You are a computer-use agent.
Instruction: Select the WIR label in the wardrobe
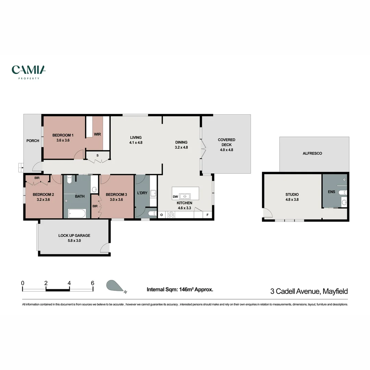pos(97,134)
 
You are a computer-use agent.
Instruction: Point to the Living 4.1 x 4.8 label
pos(136,140)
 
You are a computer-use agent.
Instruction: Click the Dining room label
pos(181,145)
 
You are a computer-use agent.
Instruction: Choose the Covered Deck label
pos(226,145)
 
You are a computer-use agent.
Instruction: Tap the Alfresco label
pos(312,153)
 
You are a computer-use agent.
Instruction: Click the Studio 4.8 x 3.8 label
pos(292,197)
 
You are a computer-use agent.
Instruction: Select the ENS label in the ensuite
pos(331,192)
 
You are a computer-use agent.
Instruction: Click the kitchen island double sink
pos(185,196)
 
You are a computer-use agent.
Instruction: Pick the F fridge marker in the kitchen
pos(207,215)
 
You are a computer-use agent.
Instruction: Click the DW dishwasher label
pos(175,197)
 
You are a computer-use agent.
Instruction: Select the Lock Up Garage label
pos(74,238)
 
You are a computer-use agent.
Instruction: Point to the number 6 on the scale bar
pos(92,283)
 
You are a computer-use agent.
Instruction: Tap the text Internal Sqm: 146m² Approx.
pos(180,289)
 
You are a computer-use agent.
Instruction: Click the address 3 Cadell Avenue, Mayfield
pos(309,291)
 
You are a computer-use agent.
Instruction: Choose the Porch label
pos(33,141)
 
